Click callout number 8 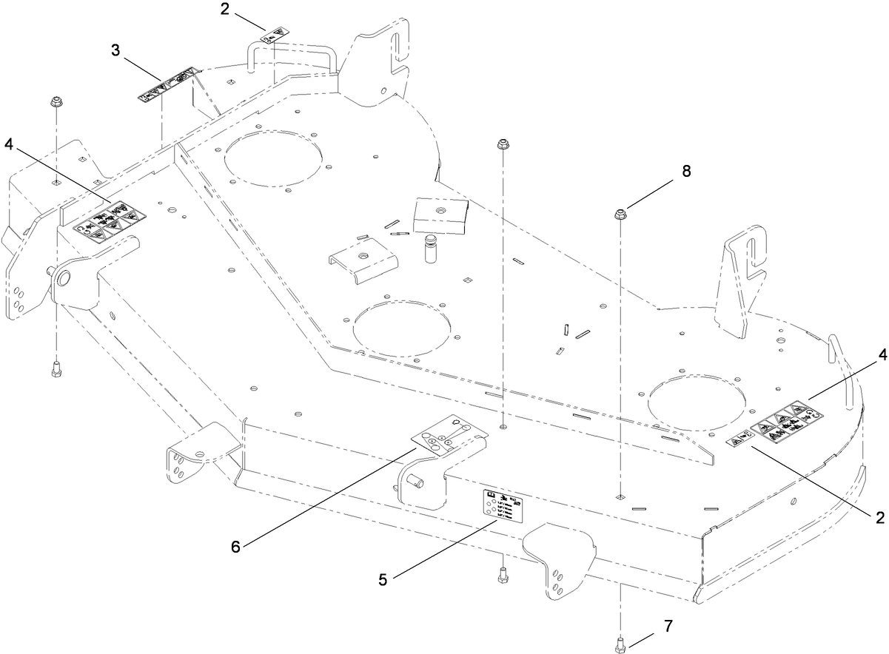click(686, 171)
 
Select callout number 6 click(235, 547)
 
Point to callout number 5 click(383, 580)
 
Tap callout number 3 click(115, 51)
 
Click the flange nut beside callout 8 click(620, 215)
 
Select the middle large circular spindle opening click(403, 326)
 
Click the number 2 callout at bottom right click(879, 517)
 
